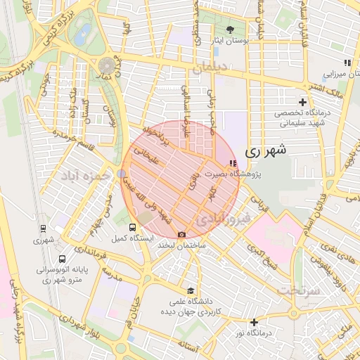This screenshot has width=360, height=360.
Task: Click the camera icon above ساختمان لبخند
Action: pos(182,234)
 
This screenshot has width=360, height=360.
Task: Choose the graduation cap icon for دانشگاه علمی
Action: pos(190,290)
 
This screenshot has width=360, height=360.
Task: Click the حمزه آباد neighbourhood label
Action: pos(85,173)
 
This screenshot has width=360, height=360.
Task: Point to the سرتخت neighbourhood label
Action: pos(295,289)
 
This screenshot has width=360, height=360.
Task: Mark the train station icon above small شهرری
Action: pos(44,229)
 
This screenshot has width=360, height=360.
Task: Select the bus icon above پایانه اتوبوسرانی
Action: pos(63,259)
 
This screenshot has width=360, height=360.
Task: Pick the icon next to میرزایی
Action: pos(347,63)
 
